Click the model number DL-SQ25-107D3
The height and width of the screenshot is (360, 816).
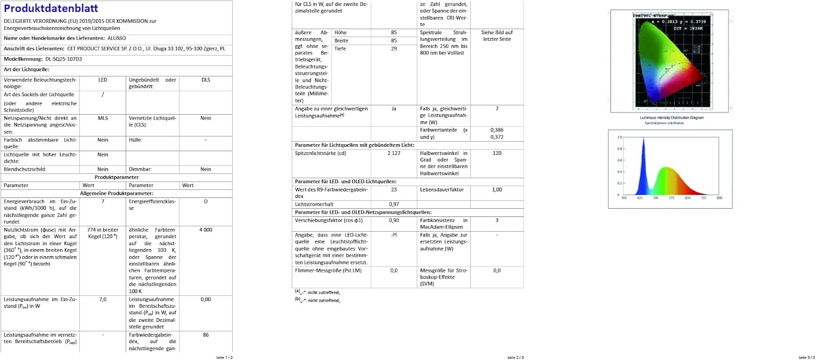[64, 59]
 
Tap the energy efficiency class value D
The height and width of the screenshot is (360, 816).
[206, 201]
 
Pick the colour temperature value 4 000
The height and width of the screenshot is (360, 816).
[206, 230]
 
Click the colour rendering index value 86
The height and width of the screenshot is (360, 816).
[206, 335]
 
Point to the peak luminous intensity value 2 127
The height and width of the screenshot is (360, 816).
[394, 153]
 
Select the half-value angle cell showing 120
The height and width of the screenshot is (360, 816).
[497, 153]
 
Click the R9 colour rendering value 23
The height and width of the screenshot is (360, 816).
[394, 190]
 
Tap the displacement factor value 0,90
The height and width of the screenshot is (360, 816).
[394, 220]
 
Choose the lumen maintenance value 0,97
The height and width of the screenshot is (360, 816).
[394, 204]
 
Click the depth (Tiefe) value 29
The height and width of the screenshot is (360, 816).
[394, 48]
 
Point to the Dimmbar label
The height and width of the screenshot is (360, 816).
[140, 169]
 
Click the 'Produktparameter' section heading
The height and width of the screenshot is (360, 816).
[116, 177]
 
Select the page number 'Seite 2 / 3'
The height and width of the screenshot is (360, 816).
[515, 357]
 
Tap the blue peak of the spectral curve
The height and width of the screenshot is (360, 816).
[644, 140]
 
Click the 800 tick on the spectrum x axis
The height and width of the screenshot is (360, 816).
[719, 198]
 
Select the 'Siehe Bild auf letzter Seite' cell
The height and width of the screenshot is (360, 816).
[497, 36]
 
